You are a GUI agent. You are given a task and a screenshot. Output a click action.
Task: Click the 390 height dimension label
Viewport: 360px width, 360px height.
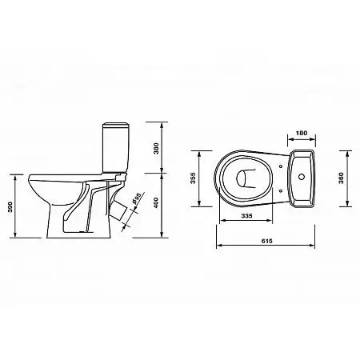10,207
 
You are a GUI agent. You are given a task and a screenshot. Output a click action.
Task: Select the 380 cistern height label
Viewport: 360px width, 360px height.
157,148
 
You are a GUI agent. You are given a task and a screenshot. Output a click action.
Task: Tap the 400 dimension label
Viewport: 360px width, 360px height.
157,202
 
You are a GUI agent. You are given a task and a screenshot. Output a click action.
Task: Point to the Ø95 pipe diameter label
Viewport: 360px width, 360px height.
136,199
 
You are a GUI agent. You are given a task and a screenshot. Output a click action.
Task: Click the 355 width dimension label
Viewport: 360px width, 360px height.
193,178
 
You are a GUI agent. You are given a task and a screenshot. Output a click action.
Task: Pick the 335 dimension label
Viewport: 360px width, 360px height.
246,215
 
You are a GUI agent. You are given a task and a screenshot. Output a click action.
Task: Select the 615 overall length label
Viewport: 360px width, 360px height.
267,241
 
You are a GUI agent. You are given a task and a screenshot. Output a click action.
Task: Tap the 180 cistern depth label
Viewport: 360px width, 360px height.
302,133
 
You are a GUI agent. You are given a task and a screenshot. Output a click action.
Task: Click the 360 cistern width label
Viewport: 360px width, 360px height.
341,178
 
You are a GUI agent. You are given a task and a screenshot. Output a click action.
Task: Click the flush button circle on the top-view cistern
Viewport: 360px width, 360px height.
302,176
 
